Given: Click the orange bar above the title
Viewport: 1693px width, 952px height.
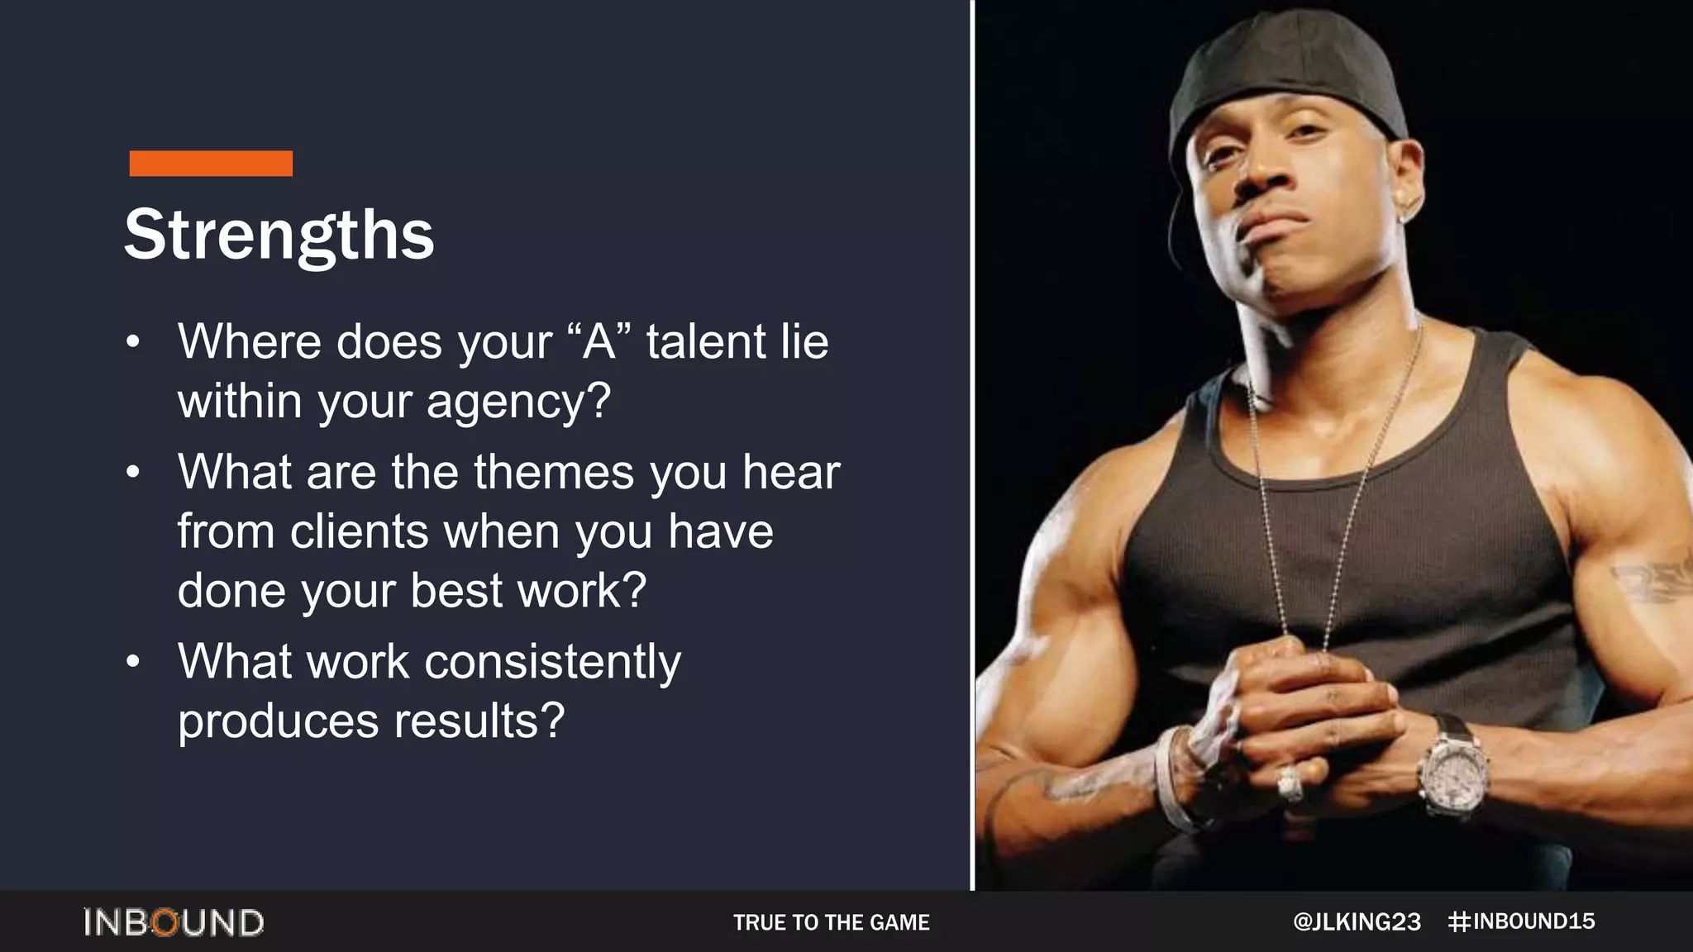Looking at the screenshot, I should click(211, 164).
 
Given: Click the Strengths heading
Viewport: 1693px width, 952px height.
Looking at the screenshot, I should click(279, 235).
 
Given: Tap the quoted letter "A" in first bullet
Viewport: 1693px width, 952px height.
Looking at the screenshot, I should click(599, 341).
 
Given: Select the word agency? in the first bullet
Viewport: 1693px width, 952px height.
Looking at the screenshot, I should click(518, 402).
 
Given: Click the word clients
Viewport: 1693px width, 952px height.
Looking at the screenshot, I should click(359, 531).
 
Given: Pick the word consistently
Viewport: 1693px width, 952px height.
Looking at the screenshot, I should click(552, 662).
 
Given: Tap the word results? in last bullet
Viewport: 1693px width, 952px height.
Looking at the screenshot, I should click(479, 721).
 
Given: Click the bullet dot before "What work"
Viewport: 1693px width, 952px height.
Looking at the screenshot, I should click(133, 662).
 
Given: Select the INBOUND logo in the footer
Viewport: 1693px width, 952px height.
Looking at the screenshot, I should click(174, 922).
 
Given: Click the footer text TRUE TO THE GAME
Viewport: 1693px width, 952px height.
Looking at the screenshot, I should click(831, 922).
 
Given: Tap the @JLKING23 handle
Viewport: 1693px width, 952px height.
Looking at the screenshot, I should click(1357, 922).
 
